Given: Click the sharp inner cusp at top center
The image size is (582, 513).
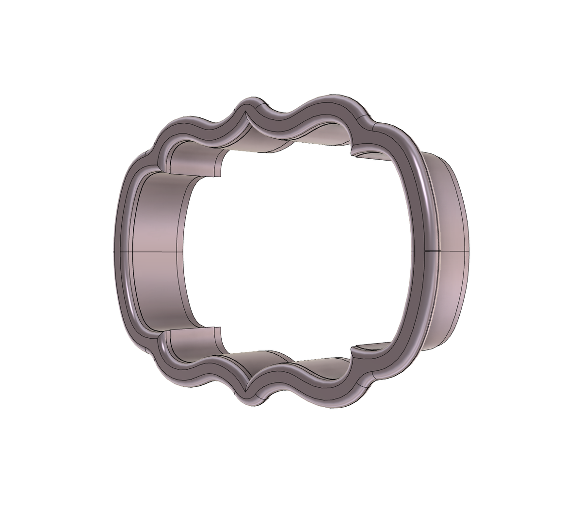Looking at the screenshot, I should [248, 116].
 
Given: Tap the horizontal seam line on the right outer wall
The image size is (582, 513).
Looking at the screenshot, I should [449, 251].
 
